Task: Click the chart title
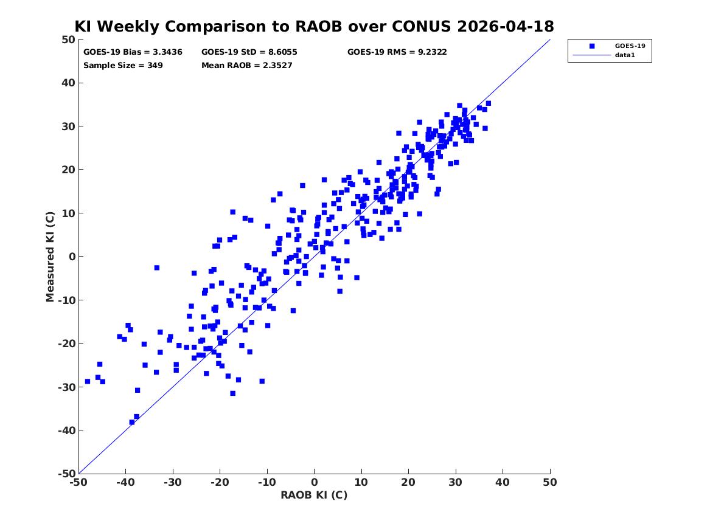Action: pos(315,26)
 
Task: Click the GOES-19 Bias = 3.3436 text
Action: pos(133,52)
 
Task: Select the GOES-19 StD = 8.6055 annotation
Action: pos(249,52)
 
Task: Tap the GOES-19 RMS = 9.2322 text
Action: pos(397,52)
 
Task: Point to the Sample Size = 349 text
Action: pos(123,66)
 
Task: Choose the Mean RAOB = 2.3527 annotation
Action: pos(247,66)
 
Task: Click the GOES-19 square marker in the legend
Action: pos(592,46)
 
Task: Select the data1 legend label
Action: pos(625,55)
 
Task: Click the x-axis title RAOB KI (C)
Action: pos(315,495)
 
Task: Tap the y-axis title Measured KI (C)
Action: pos(50,257)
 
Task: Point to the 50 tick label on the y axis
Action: pos(68,40)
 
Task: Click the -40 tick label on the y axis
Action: pos(66,430)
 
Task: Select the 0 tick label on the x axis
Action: pos(315,482)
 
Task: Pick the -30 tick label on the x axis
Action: pos(173,482)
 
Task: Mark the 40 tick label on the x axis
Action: pos(503,482)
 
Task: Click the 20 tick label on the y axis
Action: pos(68,170)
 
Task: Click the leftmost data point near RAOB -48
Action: pos(88,381)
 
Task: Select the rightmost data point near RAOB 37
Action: pos(488,103)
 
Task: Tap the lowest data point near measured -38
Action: pos(132,422)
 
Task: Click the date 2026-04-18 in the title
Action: pos(506,26)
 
